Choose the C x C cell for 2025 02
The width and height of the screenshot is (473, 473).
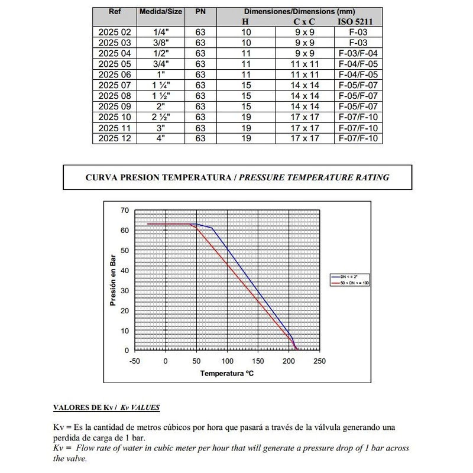click(307, 33)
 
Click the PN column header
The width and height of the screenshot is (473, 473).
click(200, 11)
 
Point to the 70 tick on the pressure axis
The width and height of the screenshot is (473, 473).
click(124, 210)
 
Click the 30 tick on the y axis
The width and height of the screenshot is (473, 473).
click(124, 290)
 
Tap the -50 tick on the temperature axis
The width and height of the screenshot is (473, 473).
click(135, 361)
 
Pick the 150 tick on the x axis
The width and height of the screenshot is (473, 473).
click(258, 361)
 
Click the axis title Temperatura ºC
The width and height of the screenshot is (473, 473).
click(227, 374)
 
